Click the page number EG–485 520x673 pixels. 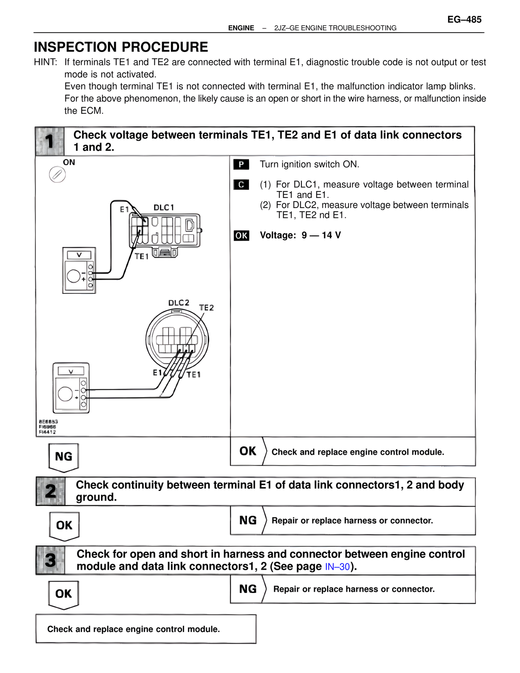(464, 20)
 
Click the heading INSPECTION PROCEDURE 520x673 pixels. (121, 47)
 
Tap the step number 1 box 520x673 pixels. (50, 141)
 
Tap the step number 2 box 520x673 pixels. (50, 491)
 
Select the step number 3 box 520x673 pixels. (50, 560)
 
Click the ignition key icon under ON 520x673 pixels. (57, 175)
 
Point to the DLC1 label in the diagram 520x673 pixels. (164, 208)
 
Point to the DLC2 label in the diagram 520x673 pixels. (179, 303)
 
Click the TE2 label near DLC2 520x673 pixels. (206, 308)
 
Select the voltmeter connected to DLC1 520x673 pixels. (79, 270)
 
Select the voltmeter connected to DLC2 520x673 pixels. (71, 388)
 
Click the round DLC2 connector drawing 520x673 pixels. (177, 339)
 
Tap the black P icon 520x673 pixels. (241, 165)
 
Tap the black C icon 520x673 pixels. (241, 185)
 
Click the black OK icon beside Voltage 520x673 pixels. (241, 236)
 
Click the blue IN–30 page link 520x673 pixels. (337, 567)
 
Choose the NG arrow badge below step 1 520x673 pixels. (63, 457)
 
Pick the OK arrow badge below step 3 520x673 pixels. (63, 595)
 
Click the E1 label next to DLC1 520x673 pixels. (124, 209)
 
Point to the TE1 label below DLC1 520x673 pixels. (141, 256)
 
